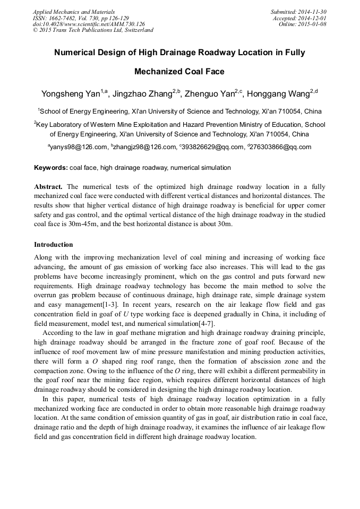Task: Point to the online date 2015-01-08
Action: tap(315, 24)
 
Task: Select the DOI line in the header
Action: tap(89, 24)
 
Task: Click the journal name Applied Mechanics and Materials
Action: tap(74, 12)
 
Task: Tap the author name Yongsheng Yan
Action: tap(71, 94)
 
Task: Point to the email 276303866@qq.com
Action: tap(281, 147)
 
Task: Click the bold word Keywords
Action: tap(50, 168)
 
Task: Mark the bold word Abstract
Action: tap(48, 187)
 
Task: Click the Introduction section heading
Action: tap(54, 245)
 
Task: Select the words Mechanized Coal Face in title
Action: tap(179, 72)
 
